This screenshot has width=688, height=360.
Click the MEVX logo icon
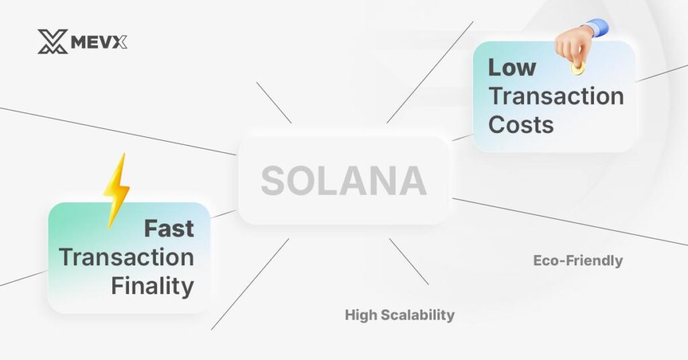[x=52, y=42]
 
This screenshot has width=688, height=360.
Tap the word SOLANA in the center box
[x=343, y=181]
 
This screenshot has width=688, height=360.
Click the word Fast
[x=169, y=228]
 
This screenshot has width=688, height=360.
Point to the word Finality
[x=153, y=286]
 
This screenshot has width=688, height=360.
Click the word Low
[x=512, y=67]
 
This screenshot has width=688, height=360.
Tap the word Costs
[x=521, y=124]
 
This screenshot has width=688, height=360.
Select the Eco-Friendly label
[x=578, y=260]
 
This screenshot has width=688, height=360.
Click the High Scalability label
[x=400, y=314]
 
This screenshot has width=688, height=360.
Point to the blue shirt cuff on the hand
[x=598, y=27]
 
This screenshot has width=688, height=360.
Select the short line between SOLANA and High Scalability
[x=408, y=261]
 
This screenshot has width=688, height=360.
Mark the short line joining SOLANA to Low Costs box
[x=462, y=137]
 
